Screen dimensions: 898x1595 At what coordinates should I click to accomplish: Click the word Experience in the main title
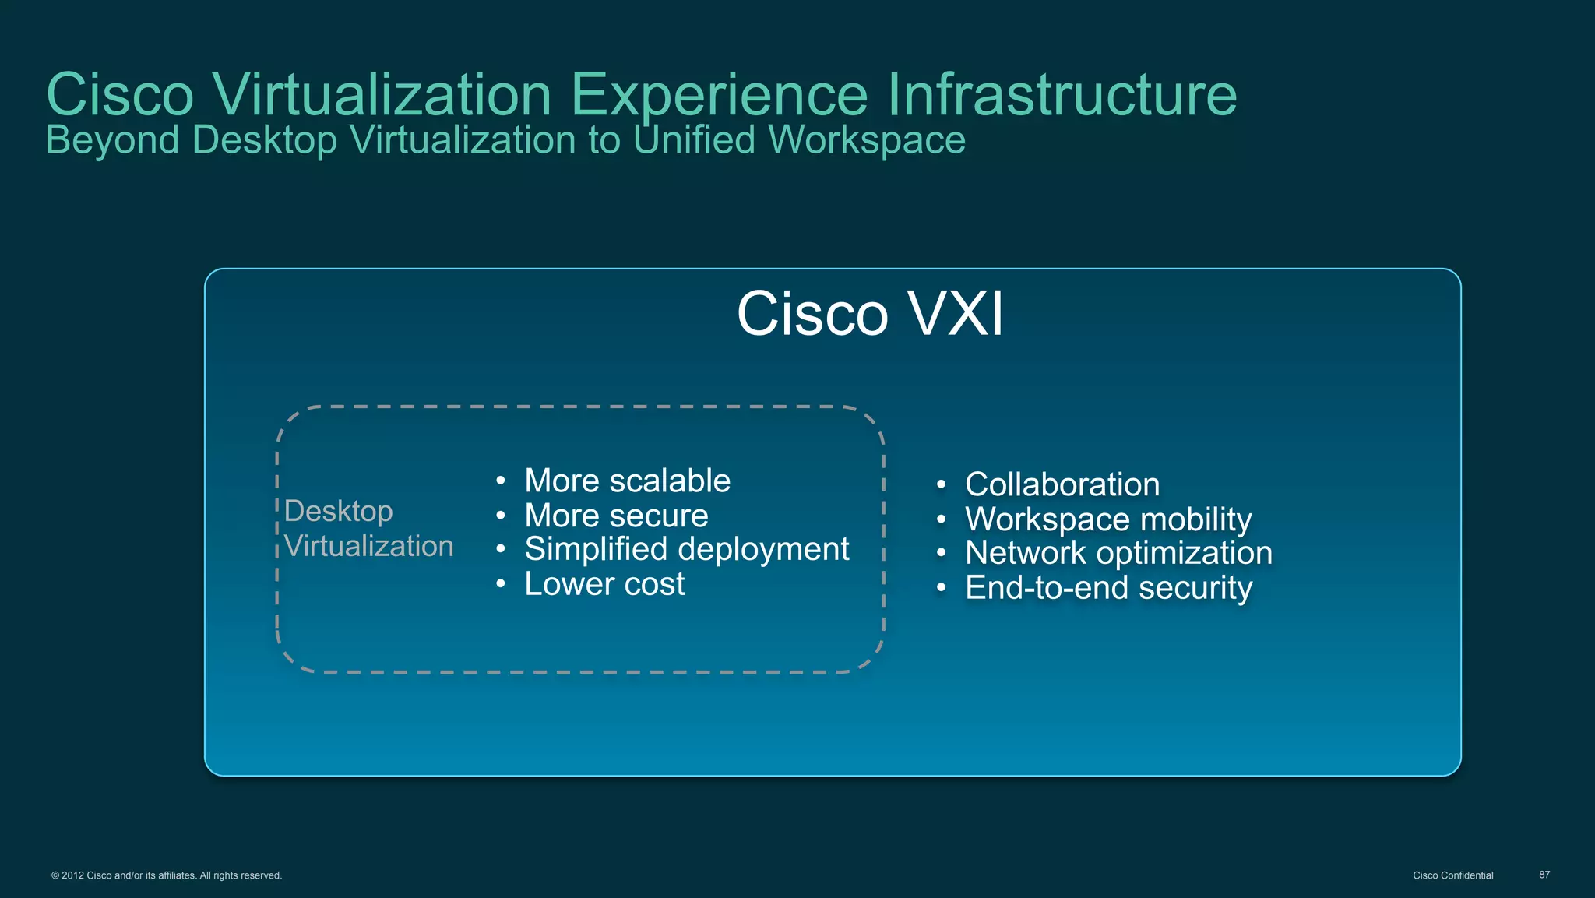pyautogui.click(x=719, y=95)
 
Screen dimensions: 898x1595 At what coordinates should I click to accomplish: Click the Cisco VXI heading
pyautogui.click(x=870, y=314)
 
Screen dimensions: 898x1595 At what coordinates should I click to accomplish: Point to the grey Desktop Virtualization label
pyautogui.click(x=368, y=529)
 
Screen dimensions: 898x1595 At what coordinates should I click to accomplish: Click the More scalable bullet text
pyautogui.click(x=627, y=481)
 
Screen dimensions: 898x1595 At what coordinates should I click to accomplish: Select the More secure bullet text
pyautogui.click(x=616, y=516)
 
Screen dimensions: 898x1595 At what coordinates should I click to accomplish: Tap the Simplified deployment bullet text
pyautogui.click(x=686, y=549)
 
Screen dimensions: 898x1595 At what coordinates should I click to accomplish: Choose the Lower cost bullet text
pyautogui.click(x=604, y=584)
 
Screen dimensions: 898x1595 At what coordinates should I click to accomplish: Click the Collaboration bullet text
pyautogui.click(x=1062, y=484)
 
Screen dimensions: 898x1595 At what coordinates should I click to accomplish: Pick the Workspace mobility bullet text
pyautogui.click(x=1108, y=519)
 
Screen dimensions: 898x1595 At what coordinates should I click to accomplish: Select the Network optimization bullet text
pyautogui.click(x=1118, y=553)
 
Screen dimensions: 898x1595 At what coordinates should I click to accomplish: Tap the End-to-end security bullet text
pyautogui.click(x=1108, y=588)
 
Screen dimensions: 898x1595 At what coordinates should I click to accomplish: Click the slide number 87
pyautogui.click(x=1544, y=875)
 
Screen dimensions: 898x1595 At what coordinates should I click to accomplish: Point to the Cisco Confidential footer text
pyautogui.click(x=1452, y=875)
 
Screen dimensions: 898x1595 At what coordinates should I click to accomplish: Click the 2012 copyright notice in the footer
pyautogui.click(x=167, y=875)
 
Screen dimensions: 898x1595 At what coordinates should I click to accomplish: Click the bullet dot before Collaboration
pyautogui.click(x=942, y=485)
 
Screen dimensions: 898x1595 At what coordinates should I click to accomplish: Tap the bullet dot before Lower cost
pyautogui.click(x=501, y=584)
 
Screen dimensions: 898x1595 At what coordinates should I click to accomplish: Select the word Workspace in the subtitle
pyautogui.click(x=866, y=140)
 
